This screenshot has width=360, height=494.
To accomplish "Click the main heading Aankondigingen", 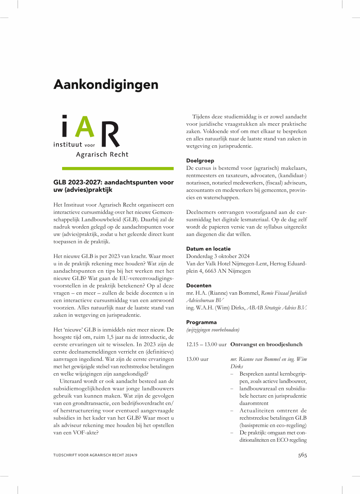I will tap(106, 85).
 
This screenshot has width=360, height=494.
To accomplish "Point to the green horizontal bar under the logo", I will tap(118, 168).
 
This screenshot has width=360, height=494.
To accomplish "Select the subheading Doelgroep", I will tap(200, 160).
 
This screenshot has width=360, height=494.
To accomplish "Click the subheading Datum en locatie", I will tap(208, 249).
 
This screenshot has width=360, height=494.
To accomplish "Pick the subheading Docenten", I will tap(199, 285).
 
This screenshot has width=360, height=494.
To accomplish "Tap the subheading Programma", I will tap(201, 322).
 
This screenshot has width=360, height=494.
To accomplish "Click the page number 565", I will tap(302, 455).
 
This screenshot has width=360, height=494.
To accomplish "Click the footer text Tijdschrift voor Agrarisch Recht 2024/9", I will tap(98, 455).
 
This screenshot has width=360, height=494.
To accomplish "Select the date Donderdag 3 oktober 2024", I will tap(218, 256).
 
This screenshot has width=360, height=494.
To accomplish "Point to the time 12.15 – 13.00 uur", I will tap(206, 344).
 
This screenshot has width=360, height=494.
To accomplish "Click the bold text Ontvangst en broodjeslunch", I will tap(266, 344).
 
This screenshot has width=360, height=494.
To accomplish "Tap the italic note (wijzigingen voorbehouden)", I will tap(213, 329).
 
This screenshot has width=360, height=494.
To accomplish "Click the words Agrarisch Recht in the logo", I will tap(102, 154).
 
